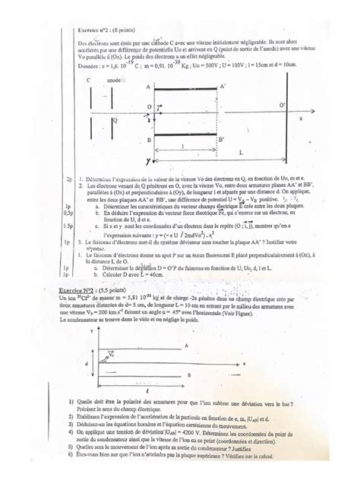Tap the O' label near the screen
[283, 103]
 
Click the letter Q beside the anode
[115, 120]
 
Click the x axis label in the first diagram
[300, 119]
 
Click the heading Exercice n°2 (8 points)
[104, 29]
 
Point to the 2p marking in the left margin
[68, 180]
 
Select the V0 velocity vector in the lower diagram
[112, 354]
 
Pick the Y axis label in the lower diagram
[91, 332]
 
